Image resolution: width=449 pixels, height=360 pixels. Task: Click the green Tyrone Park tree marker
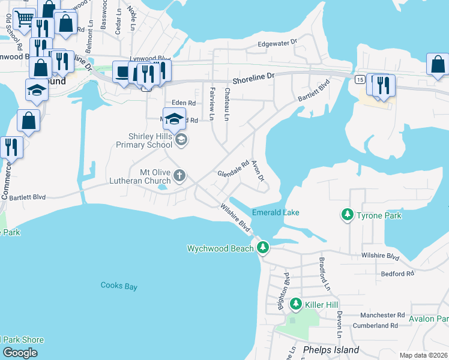pos(347,214)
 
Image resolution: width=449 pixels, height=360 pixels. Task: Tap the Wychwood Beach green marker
pos(263,247)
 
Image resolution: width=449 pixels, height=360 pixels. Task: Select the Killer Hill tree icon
pos(295,305)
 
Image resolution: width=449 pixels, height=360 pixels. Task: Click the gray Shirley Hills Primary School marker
pos(182,140)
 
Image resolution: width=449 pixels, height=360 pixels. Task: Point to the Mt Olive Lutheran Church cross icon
pos(179,176)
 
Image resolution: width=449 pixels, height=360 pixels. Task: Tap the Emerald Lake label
pos(276,212)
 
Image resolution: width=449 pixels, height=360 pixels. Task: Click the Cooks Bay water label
pos(119,286)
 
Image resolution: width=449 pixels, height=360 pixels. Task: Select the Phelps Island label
pos(331,350)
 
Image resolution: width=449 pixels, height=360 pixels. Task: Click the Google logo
pos(20,353)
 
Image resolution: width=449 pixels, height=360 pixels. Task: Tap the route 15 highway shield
pos(360,79)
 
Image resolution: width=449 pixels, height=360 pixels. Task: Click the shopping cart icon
pos(24,19)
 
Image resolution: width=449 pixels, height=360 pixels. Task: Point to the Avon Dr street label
pos(258,171)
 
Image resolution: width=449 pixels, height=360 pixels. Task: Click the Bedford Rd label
pos(397,273)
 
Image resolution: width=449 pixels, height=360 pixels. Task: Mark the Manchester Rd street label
pos(382,315)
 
